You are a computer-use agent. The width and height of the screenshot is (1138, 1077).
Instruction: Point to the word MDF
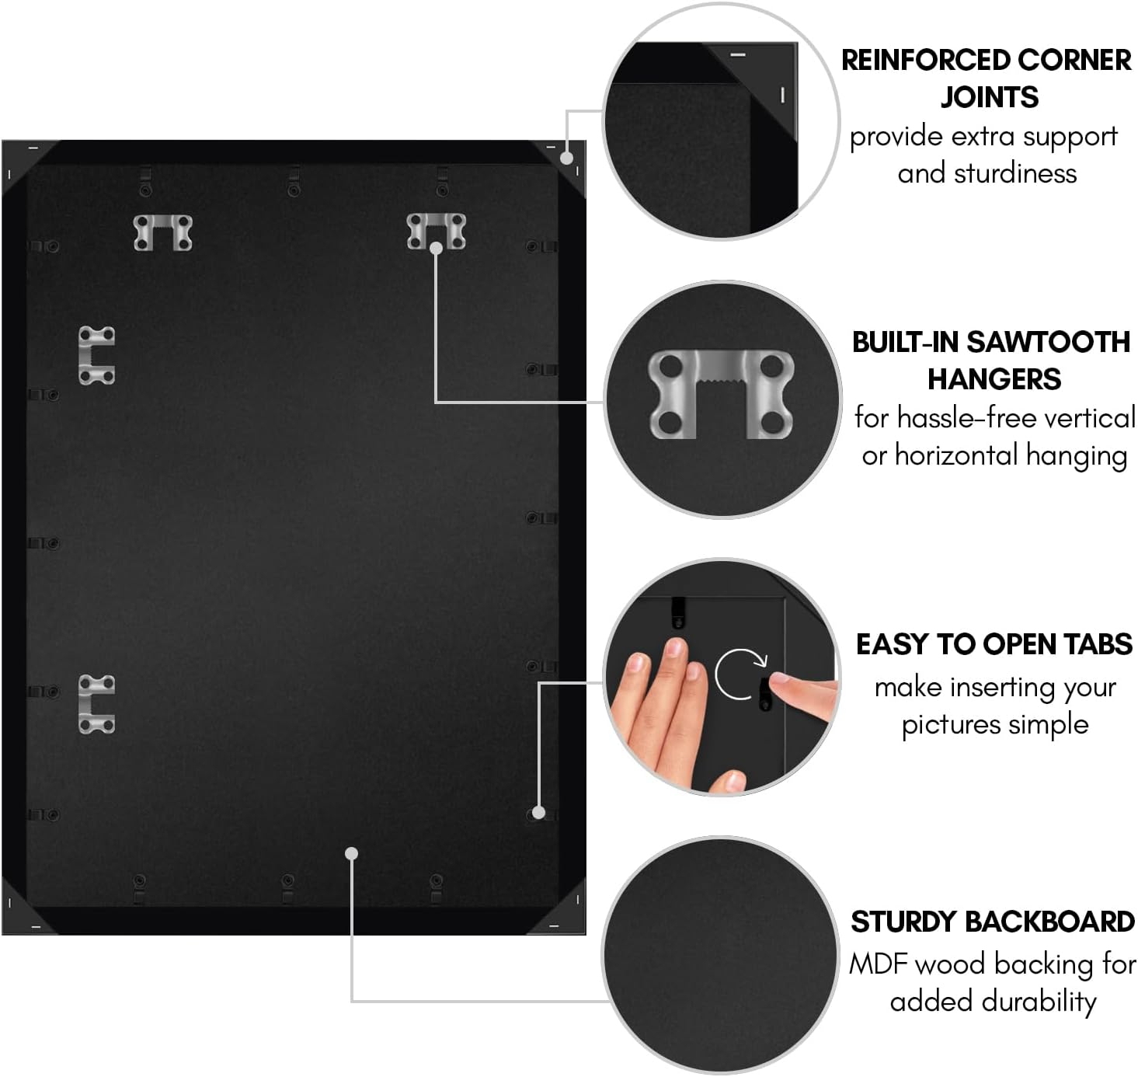coord(879,964)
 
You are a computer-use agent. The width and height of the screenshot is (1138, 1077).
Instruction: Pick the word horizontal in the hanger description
coord(956,455)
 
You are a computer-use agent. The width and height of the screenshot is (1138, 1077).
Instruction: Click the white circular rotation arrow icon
coord(740,674)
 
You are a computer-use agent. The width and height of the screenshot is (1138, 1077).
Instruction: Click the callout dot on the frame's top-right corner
coord(567,158)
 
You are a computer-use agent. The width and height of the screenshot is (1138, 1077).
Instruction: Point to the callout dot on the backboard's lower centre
coord(351,853)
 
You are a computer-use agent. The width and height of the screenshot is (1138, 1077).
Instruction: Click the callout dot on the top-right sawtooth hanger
coord(437,248)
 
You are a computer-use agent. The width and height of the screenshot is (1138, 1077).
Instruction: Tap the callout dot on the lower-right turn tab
coord(538,813)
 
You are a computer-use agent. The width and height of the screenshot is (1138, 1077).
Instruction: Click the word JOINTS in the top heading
coord(989,96)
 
